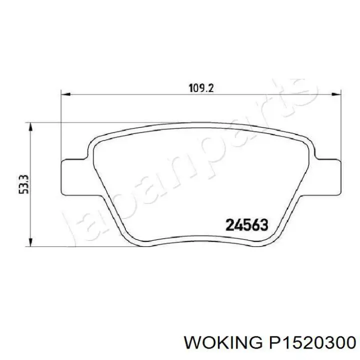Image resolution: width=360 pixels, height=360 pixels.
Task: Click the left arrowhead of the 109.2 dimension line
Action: click(64, 93)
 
